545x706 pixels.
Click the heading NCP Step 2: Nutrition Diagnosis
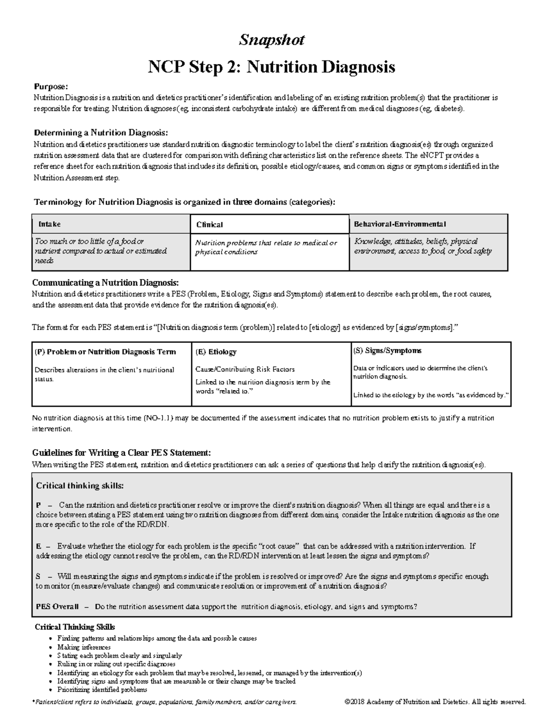point(272,67)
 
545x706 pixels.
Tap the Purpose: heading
point(51,86)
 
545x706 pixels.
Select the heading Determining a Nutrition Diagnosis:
point(101,133)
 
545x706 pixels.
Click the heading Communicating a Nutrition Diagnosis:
point(105,283)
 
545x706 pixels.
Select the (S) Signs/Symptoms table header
point(387,350)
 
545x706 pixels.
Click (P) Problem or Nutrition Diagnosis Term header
point(105,352)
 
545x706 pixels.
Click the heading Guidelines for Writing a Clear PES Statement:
point(121,453)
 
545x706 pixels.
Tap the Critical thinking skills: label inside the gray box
point(79,486)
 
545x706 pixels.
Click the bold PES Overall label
point(57,606)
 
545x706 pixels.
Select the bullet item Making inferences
point(84,647)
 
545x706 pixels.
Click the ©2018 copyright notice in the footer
point(435,701)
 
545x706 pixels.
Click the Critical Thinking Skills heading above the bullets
point(75,627)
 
